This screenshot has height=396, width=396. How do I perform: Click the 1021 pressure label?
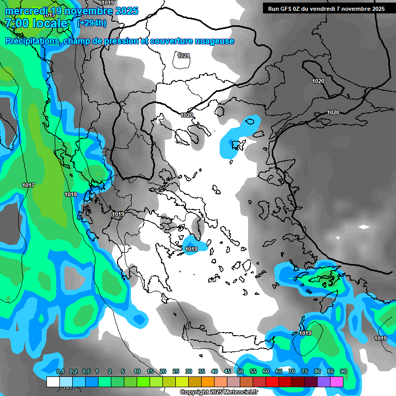click(x=184, y=56)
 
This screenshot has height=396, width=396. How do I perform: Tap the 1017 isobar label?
click(x=28, y=185)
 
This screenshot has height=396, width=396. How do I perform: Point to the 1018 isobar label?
click(x=71, y=194)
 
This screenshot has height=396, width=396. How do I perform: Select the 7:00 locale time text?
click(x=37, y=23)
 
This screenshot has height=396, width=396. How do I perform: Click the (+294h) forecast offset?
click(x=92, y=23)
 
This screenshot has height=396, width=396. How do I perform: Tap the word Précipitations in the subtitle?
click(x=31, y=41)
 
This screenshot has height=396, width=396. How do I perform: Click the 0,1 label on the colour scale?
click(x=60, y=371)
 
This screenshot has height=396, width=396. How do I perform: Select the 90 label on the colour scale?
click(x=343, y=371)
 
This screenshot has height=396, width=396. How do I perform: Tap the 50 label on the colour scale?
click(x=240, y=371)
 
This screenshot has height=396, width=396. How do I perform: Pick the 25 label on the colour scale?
click(x=176, y=371)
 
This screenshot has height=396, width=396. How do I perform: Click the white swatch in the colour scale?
click(x=53, y=382)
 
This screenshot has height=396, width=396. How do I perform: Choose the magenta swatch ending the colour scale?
click(x=337, y=382)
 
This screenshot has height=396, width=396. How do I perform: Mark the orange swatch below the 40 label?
click(x=208, y=382)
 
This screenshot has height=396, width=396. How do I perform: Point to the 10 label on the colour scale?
click(x=137, y=371)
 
